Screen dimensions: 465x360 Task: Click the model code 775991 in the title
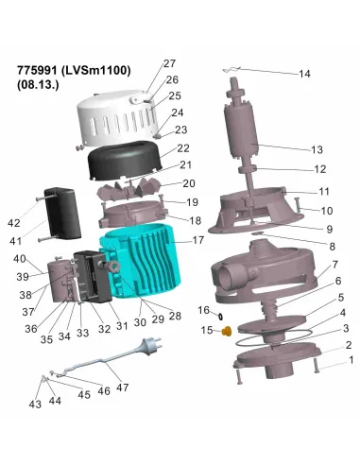[x=41, y=71]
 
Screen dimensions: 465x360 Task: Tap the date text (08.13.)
[x=39, y=85]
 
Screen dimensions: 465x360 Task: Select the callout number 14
[x=303, y=74]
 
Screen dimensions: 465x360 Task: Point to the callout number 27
[x=169, y=63]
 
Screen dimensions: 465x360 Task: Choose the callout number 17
[x=198, y=241]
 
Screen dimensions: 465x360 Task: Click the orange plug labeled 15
[x=227, y=330]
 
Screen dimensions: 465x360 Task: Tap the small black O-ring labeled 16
[x=219, y=314]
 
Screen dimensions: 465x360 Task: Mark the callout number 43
[x=35, y=405]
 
